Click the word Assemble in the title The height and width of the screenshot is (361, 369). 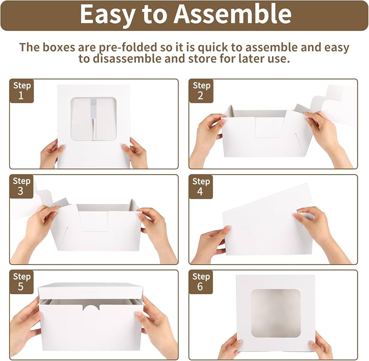coord(232,14)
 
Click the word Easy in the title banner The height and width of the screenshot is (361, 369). coord(106,14)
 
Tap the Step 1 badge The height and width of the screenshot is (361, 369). coord(21,91)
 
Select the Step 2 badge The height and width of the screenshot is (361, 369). coord(201,91)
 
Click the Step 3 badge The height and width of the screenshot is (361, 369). coord(21,186)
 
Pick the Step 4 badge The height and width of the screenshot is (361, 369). coord(201,186)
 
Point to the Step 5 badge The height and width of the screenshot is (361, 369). coord(21,282)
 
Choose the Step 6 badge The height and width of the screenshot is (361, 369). coord(201,282)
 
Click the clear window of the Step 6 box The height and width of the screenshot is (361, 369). coord(275,313)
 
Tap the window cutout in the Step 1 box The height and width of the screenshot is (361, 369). coord(93,119)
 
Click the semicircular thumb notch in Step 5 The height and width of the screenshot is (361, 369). coord(91,307)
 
